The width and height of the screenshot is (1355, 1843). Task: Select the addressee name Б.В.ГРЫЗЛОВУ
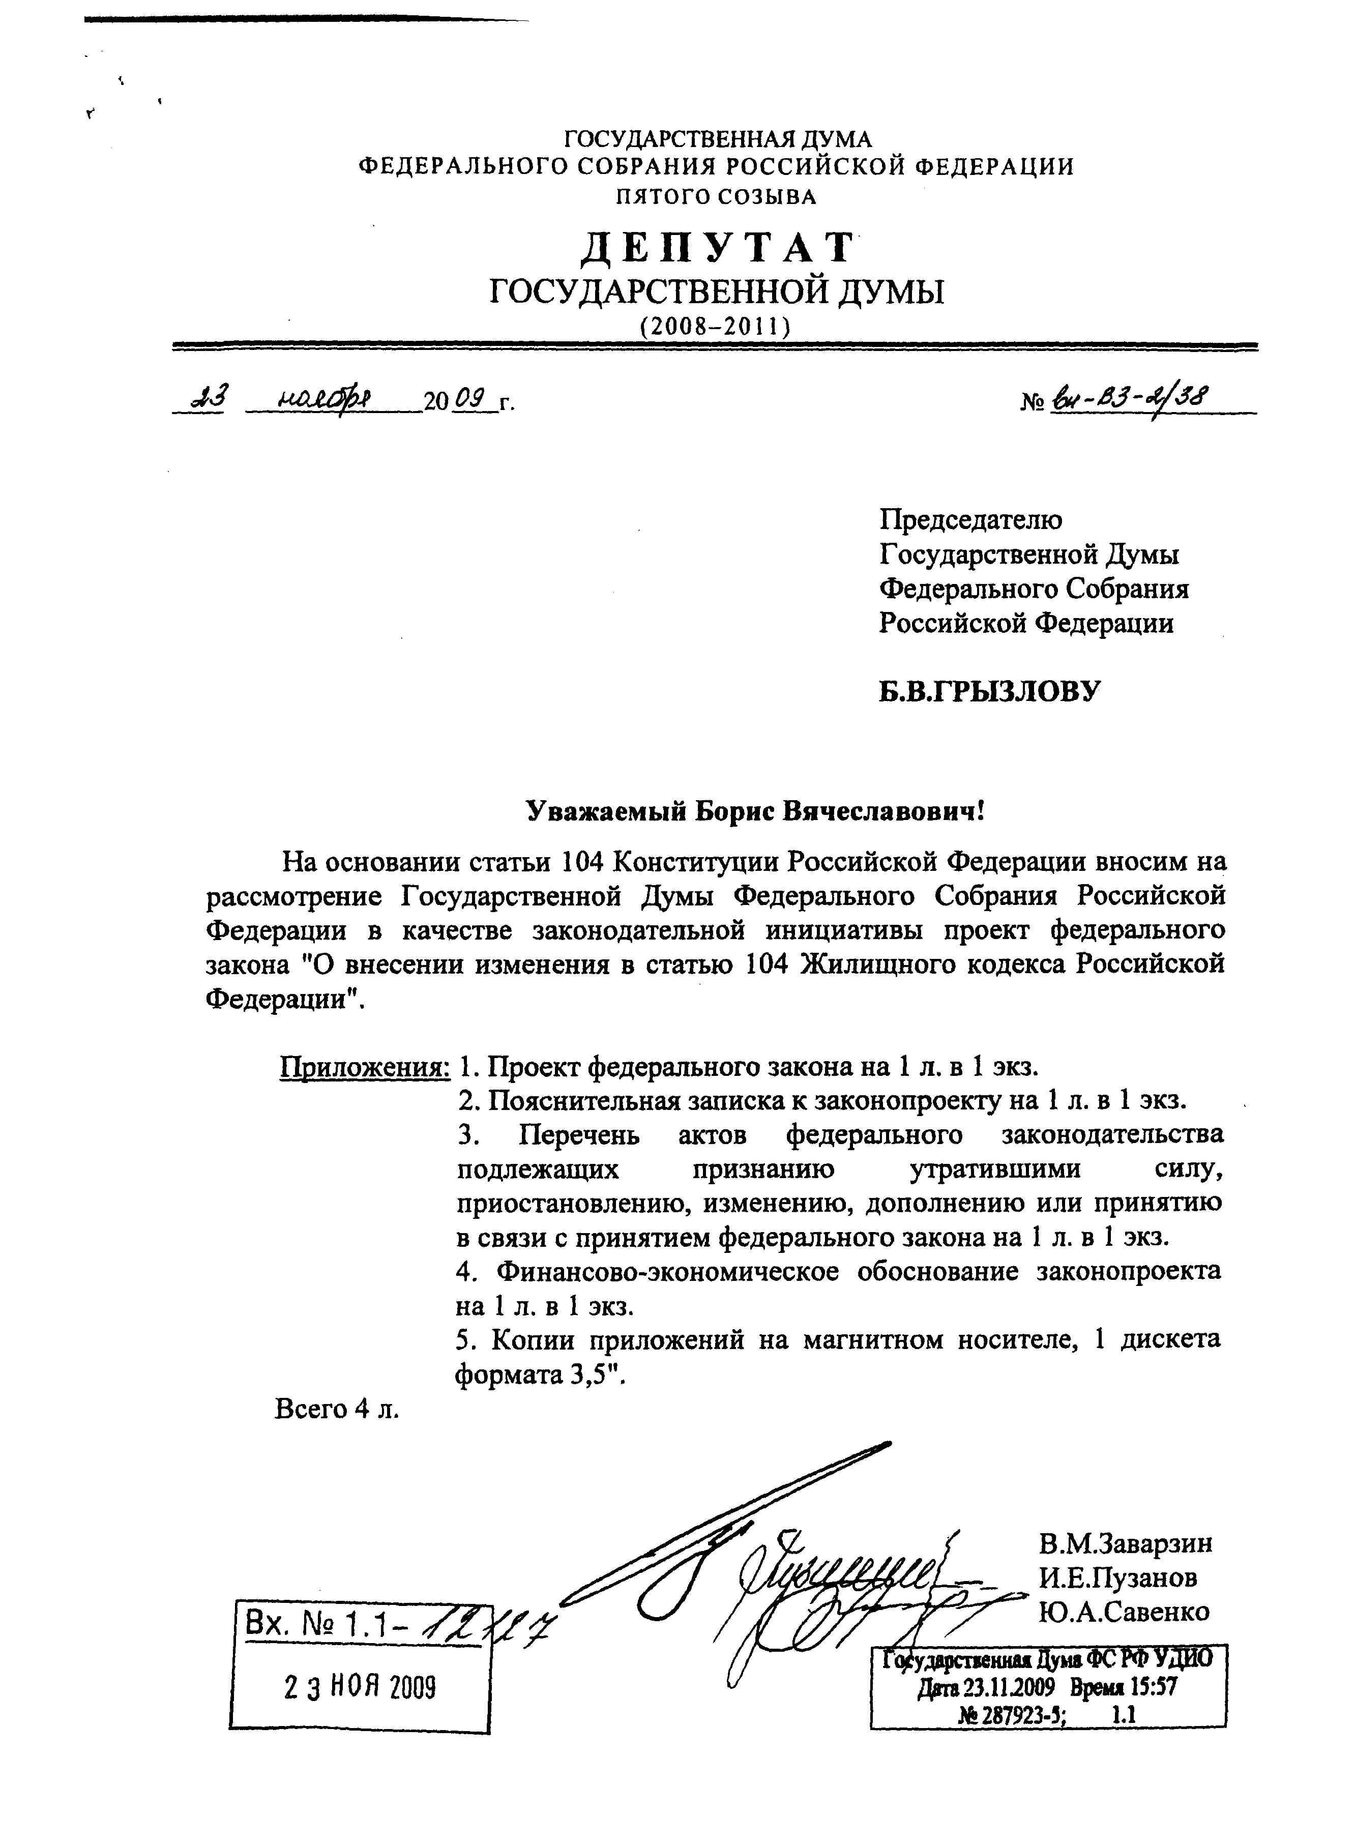988,691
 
